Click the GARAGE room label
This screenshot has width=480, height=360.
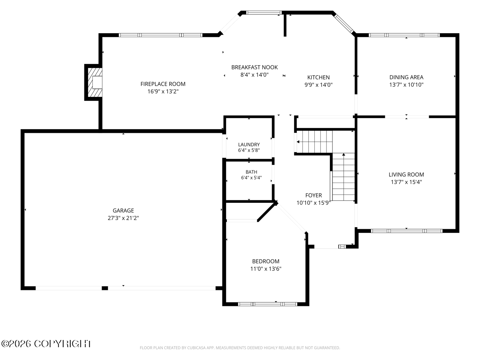pyautogui.click(x=123, y=210)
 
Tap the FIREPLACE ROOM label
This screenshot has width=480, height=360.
pyautogui.click(x=163, y=84)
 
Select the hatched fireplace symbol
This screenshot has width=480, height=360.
pyautogui.click(x=95, y=82)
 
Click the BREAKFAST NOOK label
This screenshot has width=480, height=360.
pyautogui.click(x=254, y=67)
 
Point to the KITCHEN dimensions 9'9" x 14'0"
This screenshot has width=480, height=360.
pyautogui.click(x=318, y=85)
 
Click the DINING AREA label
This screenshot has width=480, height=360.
pyautogui.click(x=406, y=77)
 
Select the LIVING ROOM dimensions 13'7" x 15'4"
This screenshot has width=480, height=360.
pyautogui.click(x=406, y=182)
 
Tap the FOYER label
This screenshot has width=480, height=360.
pyautogui.click(x=314, y=195)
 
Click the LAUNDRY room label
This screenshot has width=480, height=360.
pyautogui.click(x=249, y=144)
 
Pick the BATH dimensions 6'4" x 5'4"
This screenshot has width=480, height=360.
pyautogui.click(x=251, y=178)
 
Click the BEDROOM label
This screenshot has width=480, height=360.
pyautogui.click(x=266, y=261)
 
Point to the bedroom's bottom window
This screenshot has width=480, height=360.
pyautogui.click(x=268, y=304)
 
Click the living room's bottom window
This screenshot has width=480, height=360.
pyautogui.click(x=406, y=231)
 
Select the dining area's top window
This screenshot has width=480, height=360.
pyautogui.click(x=404, y=35)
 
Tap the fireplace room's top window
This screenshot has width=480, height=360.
pyautogui.click(x=160, y=35)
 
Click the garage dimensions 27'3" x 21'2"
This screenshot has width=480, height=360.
pyautogui.click(x=123, y=218)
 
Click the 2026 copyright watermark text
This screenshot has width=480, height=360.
pyautogui.click(x=46, y=344)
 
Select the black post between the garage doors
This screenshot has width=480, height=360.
pyautogui.click(x=105, y=288)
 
